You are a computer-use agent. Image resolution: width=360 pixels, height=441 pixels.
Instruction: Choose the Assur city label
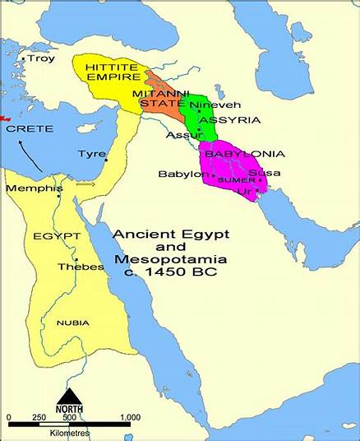(181, 135)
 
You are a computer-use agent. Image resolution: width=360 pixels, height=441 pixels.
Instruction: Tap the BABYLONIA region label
(244, 154)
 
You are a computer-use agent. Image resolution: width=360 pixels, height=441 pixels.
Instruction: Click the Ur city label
(243, 191)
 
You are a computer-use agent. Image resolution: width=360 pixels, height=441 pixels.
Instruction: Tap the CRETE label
(30, 129)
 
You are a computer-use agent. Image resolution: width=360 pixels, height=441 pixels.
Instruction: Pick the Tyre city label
(91, 154)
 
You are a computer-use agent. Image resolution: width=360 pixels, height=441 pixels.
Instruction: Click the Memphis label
(34, 188)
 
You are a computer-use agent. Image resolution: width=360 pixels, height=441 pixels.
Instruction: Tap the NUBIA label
(72, 323)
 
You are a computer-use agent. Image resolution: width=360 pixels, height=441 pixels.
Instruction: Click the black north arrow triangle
(69, 396)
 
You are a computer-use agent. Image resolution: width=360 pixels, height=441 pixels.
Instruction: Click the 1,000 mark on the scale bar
(130, 418)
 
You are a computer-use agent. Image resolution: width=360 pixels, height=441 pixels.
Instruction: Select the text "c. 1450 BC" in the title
(171, 272)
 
